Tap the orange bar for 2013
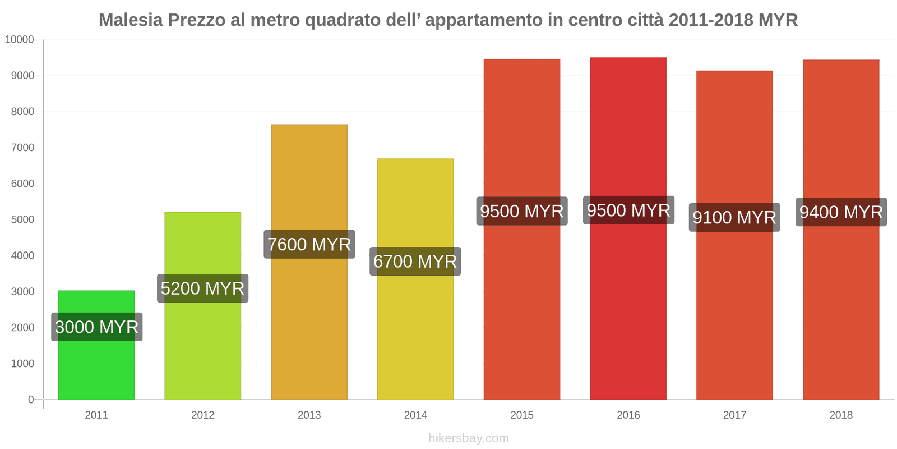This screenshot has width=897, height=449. coord(309,314)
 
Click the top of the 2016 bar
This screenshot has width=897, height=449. coord(628,58)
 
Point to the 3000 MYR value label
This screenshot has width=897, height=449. coord(96,327)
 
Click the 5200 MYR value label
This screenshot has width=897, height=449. coord(202,288)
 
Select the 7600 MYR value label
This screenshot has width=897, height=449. coord(309,244)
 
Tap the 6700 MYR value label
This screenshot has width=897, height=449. coord(415,262)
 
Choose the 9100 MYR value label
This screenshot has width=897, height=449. coord(734,217)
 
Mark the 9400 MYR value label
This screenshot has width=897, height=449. coord(841,212)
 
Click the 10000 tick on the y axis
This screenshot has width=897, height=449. coord(20,40)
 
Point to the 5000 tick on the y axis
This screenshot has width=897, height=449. coord(22,219)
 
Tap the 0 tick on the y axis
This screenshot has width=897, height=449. coord(31,400)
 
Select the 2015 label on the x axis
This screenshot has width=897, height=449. coord(522,415)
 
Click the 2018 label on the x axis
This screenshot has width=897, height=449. coord(841,415)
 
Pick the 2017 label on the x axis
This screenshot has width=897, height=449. coord(734,415)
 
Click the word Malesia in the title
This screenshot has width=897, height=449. coord(131,20)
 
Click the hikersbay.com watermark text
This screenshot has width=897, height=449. coord(469,438)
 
